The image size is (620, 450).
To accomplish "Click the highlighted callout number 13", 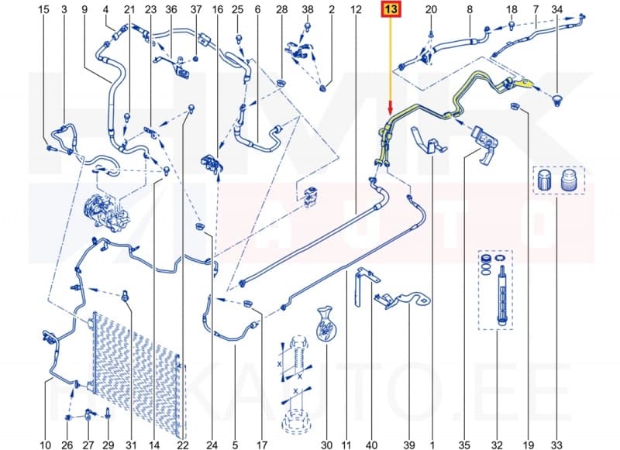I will pyautogui.click(x=391, y=10).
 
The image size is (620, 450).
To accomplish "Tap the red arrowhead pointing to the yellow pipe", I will pyautogui.click(x=391, y=113).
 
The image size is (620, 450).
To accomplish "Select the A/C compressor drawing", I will pyautogui.click(x=106, y=211).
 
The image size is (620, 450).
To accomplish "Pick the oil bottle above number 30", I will pyautogui.click(x=325, y=325).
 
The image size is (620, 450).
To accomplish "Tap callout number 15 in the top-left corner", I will pyautogui.click(x=43, y=9).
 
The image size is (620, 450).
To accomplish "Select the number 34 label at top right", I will pyautogui.click(x=556, y=9).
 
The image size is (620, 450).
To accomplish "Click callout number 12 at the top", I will pyautogui.click(x=356, y=9).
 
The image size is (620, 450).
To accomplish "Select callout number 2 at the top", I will pyautogui.click(x=331, y=9).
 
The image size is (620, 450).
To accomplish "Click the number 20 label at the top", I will pyautogui.click(x=432, y=9).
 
